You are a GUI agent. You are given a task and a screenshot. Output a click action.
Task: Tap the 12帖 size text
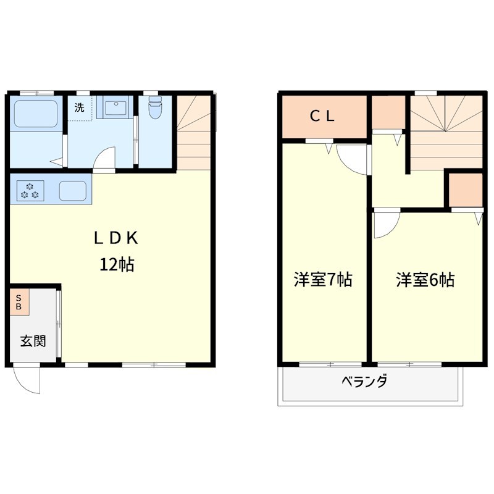[x=118, y=265]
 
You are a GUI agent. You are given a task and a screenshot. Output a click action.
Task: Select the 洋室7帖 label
[x=322, y=280]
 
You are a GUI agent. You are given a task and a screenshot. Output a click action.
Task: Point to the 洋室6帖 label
[x=425, y=280]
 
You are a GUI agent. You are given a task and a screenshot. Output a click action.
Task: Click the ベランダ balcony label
[x=365, y=381]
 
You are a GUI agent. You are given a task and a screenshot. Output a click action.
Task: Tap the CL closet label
[x=322, y=116]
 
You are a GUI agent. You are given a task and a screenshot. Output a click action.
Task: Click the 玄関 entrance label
[x=31, y=341]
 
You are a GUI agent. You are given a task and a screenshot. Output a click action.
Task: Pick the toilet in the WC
[x=155, y=109]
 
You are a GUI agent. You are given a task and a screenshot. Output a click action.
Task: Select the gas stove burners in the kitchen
[x=30, y=190]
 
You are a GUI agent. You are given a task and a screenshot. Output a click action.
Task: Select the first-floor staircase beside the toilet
[x=194, y=133]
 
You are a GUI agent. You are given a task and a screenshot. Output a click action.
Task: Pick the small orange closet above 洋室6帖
[x=465, y=189]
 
